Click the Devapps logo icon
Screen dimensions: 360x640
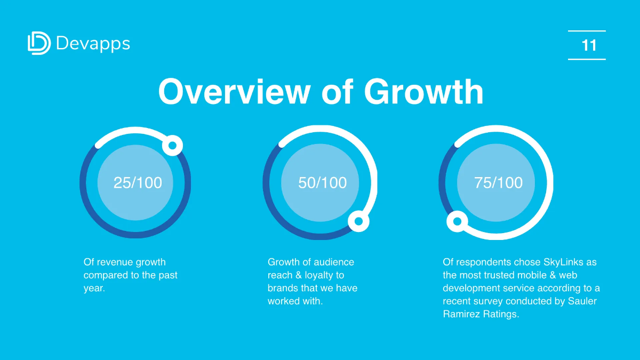(x=39, y=43)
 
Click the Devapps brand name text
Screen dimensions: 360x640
(x=93, y=43)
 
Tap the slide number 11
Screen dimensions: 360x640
(x=589, y=45)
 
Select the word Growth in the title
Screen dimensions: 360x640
(x=424, y=91)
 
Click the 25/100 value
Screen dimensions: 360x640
(x=138, y=183)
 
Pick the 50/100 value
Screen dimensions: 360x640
(x=322, y=183)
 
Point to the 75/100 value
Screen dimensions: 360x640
(x=498, y=183)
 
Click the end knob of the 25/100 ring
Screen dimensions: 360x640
(x=172, y=145)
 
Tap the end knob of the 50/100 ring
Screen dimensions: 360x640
(x=358, y=221)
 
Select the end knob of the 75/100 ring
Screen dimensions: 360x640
(x=457, y=221)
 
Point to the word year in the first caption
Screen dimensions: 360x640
(x=93, y=289)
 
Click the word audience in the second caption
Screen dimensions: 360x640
(x=334, y=262)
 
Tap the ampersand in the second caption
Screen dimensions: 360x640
(x=297, y=275)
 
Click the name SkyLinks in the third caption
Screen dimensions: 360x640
(x=564, y=262)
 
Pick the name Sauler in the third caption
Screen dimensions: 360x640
(x=582, y=301)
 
